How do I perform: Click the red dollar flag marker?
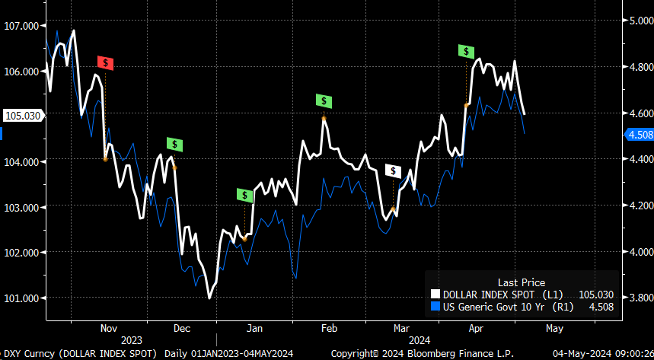click(106, 63)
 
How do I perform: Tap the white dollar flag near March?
click(393, 170)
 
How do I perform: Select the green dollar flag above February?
click(324, 100)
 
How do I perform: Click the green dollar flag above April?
click(466, 51)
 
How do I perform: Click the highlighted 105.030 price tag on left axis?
click(21, 116)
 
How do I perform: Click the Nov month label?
click(109, 328)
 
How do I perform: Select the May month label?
click(554, 328)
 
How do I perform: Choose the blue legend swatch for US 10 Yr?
click(435, 307)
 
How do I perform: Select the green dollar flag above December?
click(175, 144)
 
